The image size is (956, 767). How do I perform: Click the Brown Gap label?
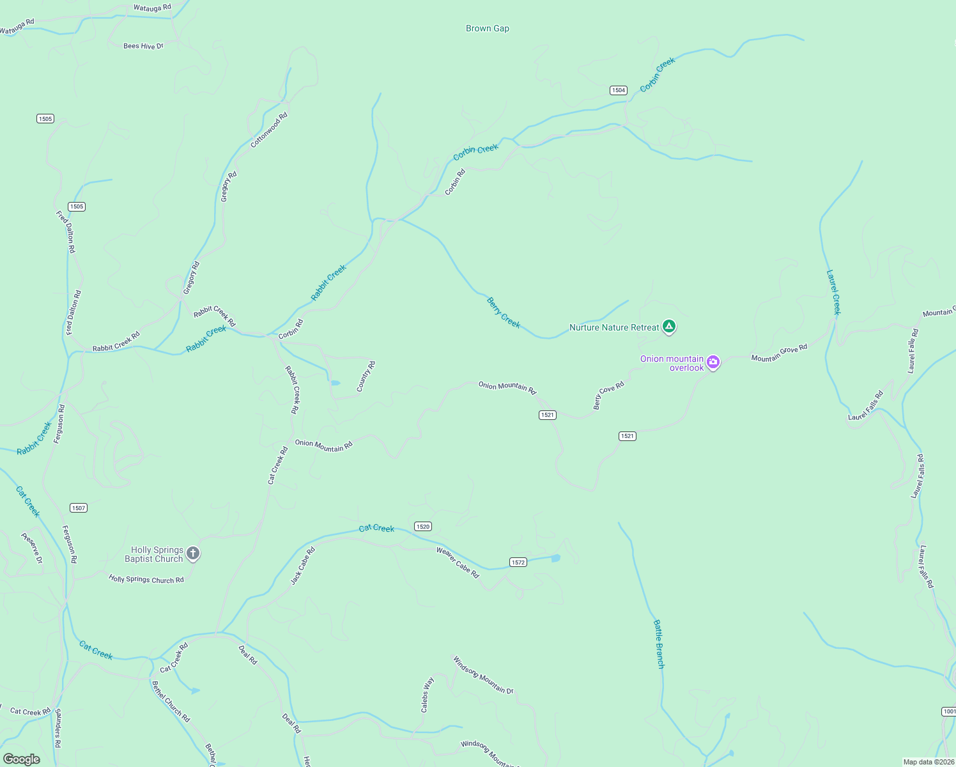(488, 28)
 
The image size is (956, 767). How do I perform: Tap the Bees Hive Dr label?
(143, 46)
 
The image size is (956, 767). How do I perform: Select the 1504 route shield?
(618, 90)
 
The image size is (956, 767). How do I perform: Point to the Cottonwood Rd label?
(269, 130)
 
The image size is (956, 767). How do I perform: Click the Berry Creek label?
(504, 313)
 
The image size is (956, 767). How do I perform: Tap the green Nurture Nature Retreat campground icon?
(668, 327)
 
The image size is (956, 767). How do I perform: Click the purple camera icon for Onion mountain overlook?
(713, 362)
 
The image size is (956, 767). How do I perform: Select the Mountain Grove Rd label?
(779, 353)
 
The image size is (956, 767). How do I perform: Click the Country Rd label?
(366, 376)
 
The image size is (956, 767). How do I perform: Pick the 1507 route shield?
(79, 508)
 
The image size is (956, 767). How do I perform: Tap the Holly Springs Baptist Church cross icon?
(193, 554)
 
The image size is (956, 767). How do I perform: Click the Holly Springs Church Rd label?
(146, 580)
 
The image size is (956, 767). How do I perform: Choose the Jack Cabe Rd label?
(303, 566)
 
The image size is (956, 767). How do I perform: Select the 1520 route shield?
(422, 527)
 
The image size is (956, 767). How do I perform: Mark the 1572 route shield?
(518, 562)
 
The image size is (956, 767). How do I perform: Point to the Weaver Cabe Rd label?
(458, 562)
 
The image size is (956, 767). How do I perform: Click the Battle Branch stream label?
(659, 644)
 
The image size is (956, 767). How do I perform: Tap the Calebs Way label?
(427, 695)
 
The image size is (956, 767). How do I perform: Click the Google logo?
(22, 759)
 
